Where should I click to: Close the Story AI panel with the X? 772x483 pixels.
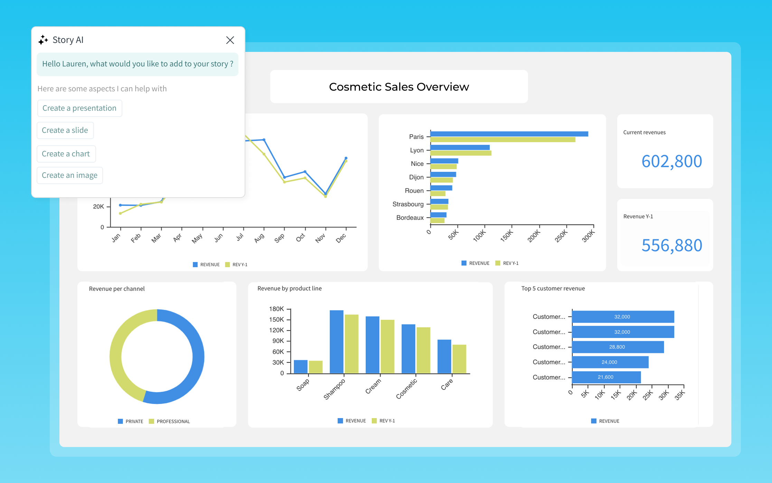[x=230, y=40]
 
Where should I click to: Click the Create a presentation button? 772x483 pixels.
[x=79, y=108]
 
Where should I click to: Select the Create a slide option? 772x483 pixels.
[x=65, y=130]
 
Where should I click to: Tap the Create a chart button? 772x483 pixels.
[x=66, y=154]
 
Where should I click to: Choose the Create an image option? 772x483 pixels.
[x=69, y=175]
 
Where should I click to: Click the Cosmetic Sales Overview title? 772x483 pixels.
[x=399, y=87]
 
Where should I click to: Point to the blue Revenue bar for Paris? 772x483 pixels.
[x=509, y=134]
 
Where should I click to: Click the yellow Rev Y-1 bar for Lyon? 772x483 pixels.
[x=461, y=153]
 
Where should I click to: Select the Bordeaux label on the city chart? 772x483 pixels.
[x=410, y=218]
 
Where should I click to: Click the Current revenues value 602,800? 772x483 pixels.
[x=671, y=161]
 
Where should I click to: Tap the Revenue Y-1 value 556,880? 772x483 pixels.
[x=671, y=245]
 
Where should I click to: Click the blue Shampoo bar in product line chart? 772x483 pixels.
[x=336, y=341]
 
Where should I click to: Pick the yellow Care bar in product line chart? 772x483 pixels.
[x=459, y=359]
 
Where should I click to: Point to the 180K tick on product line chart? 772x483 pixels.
[x=276, y=309]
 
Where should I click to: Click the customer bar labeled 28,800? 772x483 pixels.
[x=618, y=347]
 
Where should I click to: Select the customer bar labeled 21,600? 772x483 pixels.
[x=606, y=377]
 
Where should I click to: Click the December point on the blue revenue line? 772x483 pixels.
[x=346, y=158]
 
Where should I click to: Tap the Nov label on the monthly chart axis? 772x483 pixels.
[x=320, y=238]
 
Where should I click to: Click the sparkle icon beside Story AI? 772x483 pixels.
[x=43, y=40]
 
